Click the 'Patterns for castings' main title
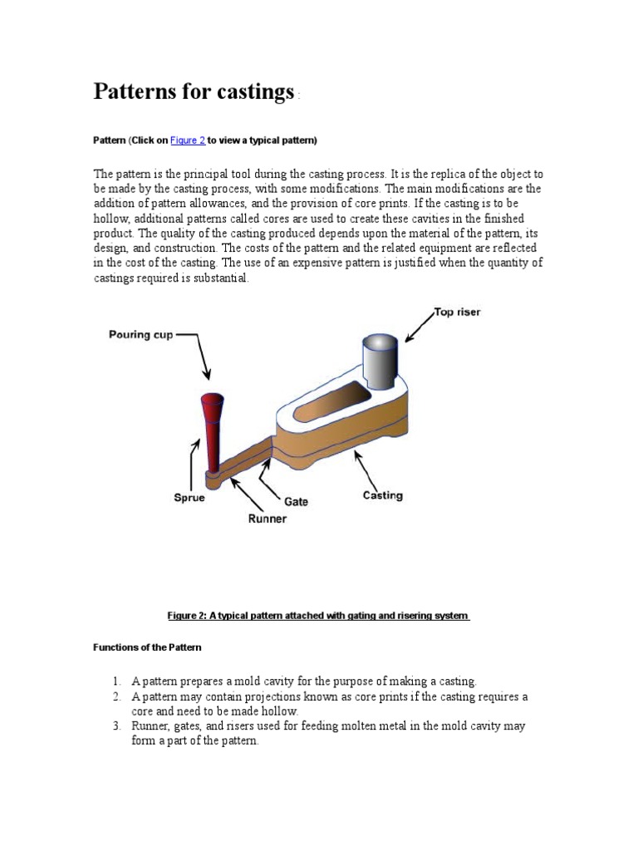click(194, 91)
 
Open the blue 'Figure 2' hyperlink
click(188, 140)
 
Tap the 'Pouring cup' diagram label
click(141, 335)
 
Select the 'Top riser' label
click(457, 312)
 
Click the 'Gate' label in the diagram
click(296, 501)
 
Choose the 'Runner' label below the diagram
click(267, 519)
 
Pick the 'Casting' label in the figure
click(383, 495)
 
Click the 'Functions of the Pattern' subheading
click(146, 647)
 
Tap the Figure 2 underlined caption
click(319, 616)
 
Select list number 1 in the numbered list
click(117, 681)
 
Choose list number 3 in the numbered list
click(117, 726)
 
